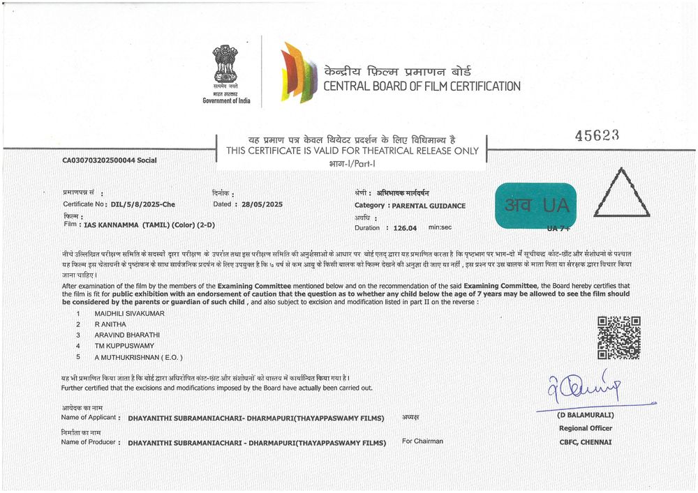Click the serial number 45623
click(x=597, y=135)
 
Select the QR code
click(x=619, y=337)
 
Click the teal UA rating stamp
click(x=535, y=206)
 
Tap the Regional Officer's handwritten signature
click(x=583, y=389)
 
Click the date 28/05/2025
click(x=258, y=204)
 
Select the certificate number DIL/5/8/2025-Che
click(x=143, y=204)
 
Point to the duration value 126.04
click(x=405, y=227)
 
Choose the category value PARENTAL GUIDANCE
click(x=428, y=206)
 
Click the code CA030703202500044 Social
click(x=109, y=160)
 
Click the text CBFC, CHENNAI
click(x=585, y=441)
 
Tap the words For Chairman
click(x=422, y=441)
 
